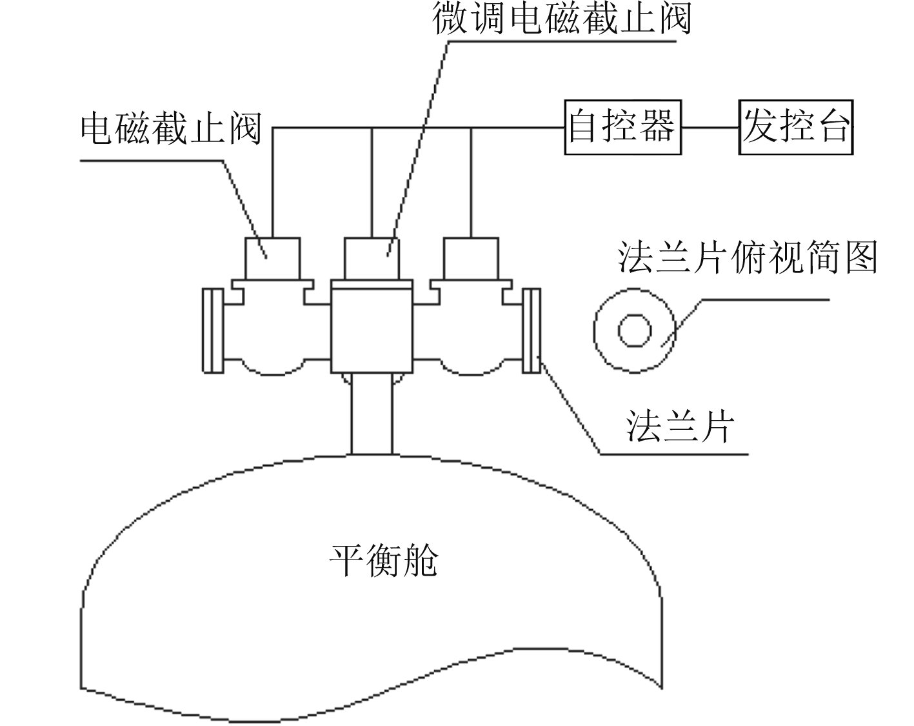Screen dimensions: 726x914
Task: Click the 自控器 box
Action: click(x=622, y=126)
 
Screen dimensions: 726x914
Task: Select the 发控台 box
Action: click(x=796, y=126)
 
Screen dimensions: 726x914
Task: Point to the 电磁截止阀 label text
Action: click(x=171, y=128)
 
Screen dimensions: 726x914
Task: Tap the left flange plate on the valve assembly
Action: click(x=212, y=330)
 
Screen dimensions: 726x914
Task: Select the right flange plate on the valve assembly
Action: click(x=531, y=330)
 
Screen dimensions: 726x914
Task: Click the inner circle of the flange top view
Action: click(x=635, y=330)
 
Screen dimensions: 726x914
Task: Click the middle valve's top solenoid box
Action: click(x=372, y=258)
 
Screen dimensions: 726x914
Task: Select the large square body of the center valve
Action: click(x=371, y=329)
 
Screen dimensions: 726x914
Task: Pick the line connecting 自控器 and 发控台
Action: click(x=710, y=127)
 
